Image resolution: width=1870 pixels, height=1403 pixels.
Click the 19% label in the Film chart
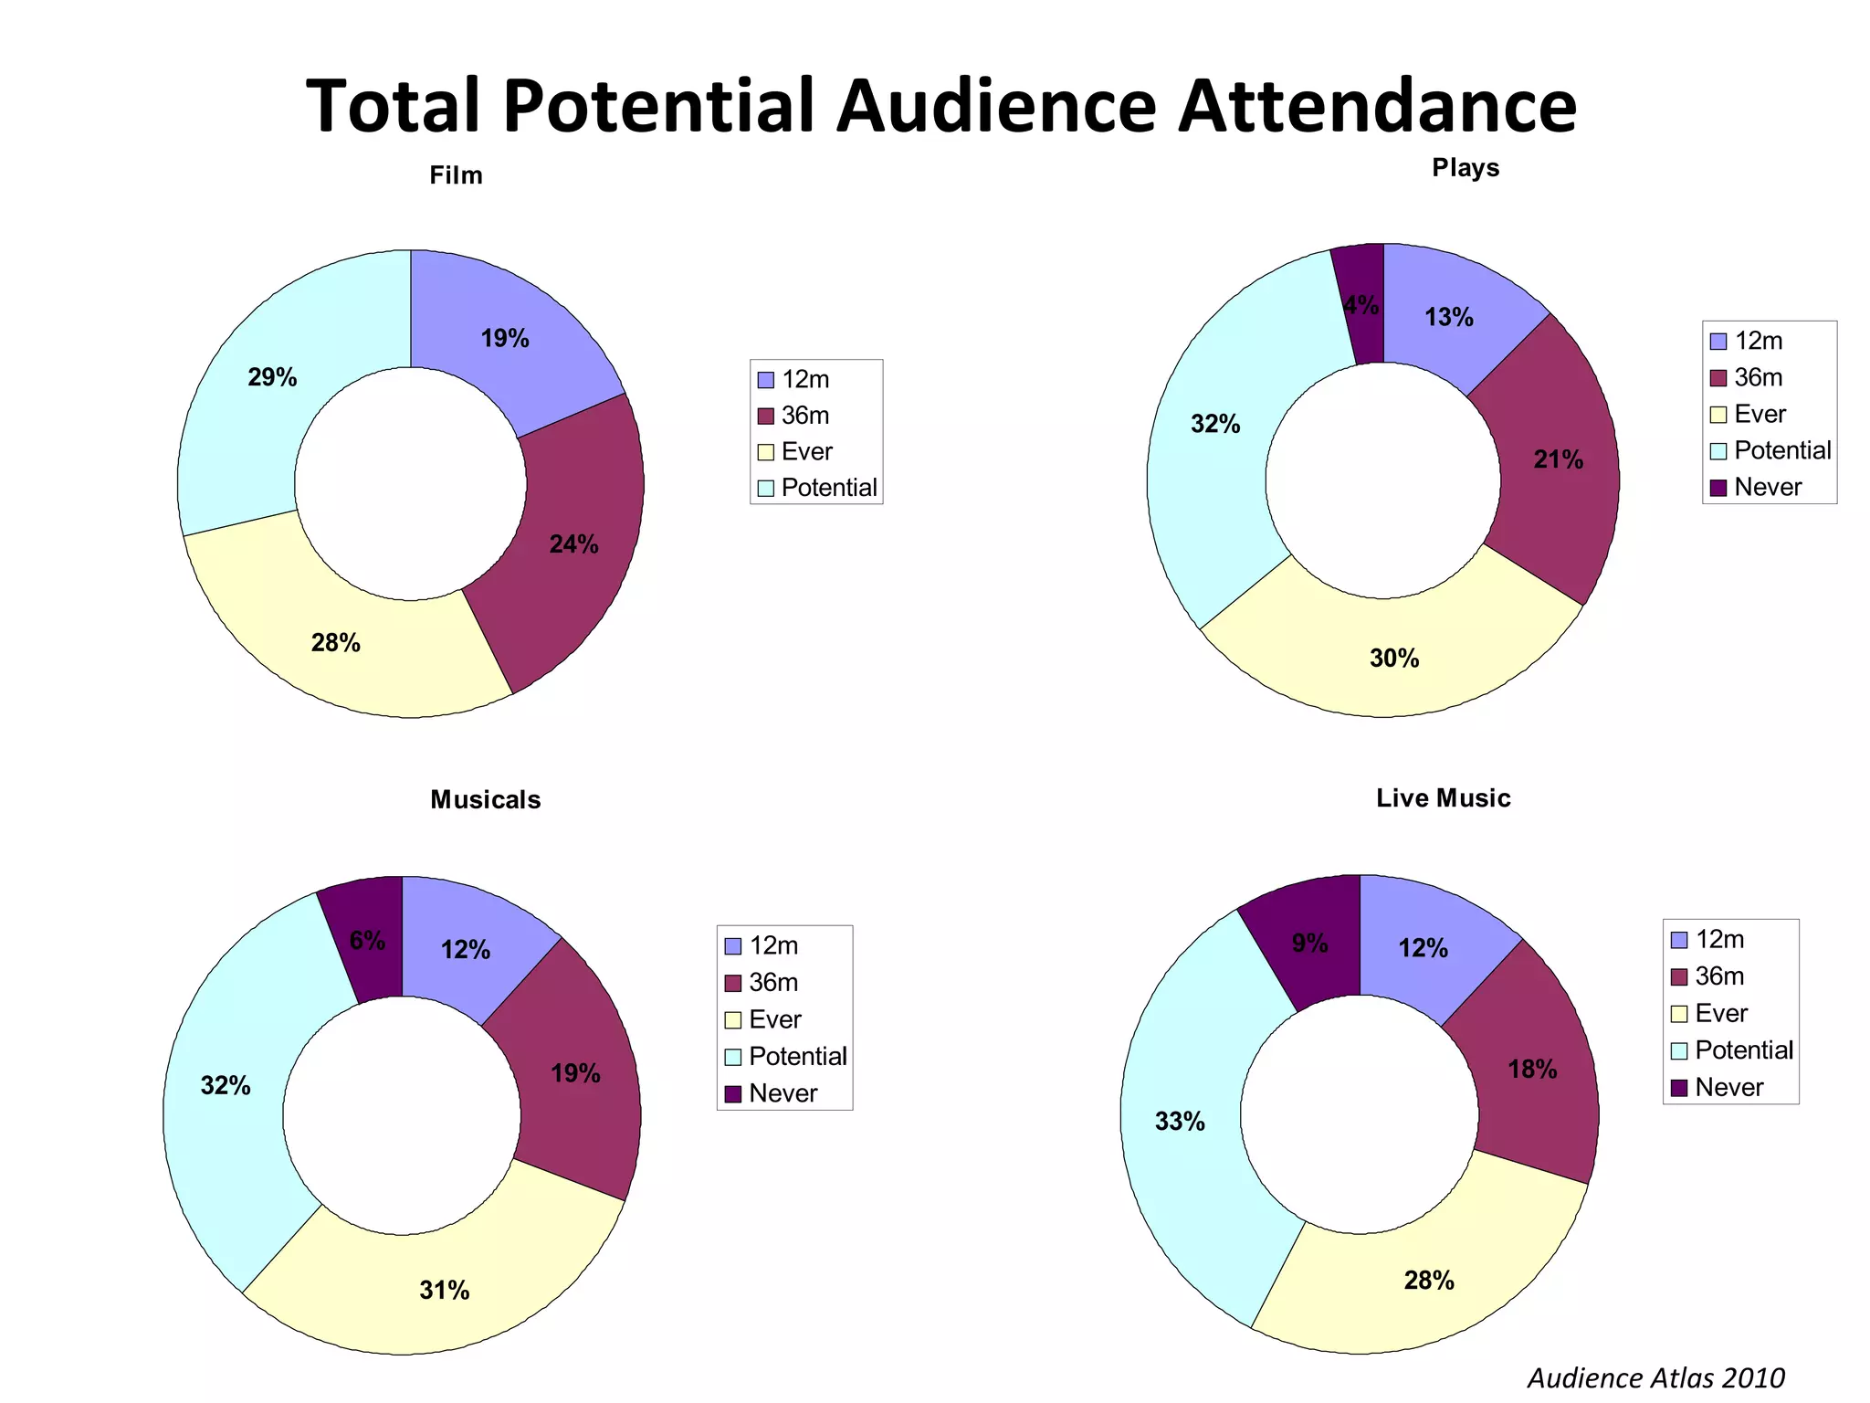pos(505,339)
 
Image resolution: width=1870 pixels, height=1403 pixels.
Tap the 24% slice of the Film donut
pos(573,544)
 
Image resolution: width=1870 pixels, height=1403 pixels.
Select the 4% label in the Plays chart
pos(1361,305)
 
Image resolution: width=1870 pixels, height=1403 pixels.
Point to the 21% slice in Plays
pos(1558,460)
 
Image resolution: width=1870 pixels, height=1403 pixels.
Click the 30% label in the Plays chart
pos(1394,659)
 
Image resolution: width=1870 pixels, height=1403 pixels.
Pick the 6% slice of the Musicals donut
pos(367,941)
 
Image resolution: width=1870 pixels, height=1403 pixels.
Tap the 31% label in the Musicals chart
pos(445,1291)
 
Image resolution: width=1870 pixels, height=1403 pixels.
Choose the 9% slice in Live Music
pos(1309,944)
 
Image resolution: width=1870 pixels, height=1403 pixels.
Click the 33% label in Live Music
pos(1180,1122)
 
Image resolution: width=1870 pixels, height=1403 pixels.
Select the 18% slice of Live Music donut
pos(1532,1070)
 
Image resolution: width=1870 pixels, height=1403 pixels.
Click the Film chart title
pos(456,175)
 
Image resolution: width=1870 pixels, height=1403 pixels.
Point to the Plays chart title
pos(1466,168)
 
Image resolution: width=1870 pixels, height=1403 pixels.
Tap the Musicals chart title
pos(485,800)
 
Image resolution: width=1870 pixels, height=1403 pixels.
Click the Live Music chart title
pos(1443,798)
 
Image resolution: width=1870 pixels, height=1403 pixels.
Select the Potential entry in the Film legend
pos(828,488)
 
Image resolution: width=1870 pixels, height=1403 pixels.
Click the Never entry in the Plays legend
pos(1767,487)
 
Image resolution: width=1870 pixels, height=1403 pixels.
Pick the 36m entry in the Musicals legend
pos(772,983)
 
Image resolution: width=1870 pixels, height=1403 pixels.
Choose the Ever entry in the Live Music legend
pos(1720,1013)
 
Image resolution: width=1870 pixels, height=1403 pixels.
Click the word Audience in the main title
pos(996,106)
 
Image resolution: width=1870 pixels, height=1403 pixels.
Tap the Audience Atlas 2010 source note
pos(1655,1377)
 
